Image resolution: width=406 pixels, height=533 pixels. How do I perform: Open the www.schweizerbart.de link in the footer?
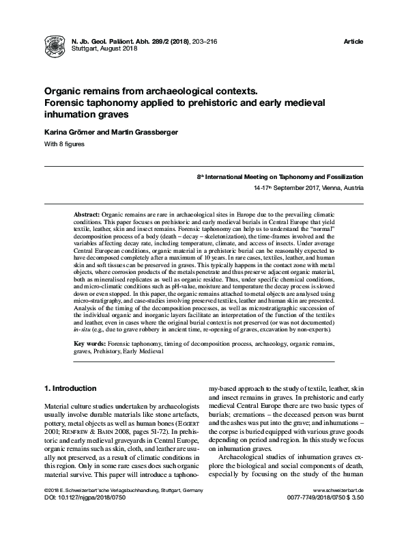(337, 510)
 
